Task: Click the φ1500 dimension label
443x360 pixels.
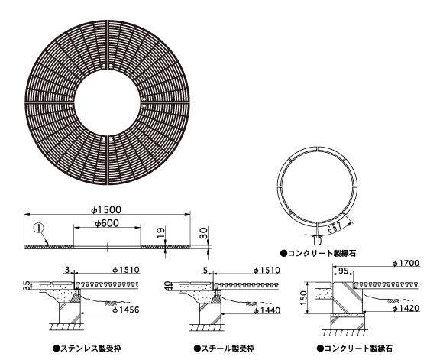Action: tap(106, 210)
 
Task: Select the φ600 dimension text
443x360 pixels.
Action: tap(107, 223)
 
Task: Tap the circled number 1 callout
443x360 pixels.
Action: tap(39, 228)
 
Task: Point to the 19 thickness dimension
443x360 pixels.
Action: tap(160, 233)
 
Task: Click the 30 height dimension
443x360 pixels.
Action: tap(204, 233)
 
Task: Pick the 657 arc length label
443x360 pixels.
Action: tap(335, 227)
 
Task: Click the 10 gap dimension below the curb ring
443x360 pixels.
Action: tap(317, 240)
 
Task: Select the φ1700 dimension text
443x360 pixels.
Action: tap(406, 263)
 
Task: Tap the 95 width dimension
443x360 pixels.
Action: tap(343, 271)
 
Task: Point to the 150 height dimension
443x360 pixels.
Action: tap(303, 298)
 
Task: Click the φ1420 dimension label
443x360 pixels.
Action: tap(406, 308)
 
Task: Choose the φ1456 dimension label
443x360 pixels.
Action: tap(126, 310)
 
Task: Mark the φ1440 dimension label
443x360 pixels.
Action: tap(267, 310)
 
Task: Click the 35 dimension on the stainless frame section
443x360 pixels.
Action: tap(27, 285)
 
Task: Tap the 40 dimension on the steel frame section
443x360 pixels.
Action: tap(168, 285)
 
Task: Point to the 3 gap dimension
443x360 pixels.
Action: tap(67, 270)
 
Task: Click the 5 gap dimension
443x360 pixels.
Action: tap(205, 271)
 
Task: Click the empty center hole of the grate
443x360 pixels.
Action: tap(107, 102)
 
